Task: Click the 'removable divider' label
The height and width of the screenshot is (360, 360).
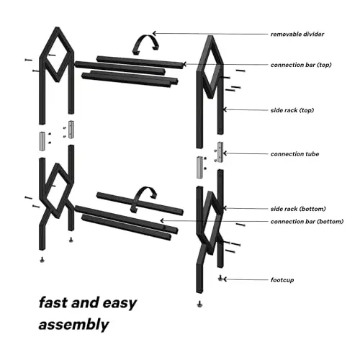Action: [x=297, y=35]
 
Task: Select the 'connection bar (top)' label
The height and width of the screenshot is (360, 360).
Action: [x=301, y=65]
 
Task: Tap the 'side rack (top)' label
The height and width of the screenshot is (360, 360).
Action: [x=292, y=110]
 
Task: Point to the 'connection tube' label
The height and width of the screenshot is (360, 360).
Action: [x=294, y=154]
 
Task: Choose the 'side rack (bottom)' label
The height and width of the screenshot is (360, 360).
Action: [x=298, y=209]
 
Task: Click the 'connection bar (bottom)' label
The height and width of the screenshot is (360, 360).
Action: [x=307, y=222]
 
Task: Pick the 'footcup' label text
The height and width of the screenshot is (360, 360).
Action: [x=282, y=280]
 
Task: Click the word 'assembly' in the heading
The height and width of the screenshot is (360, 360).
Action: [x=73, y=325]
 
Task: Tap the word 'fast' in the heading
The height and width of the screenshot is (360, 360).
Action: [x=52, y=302]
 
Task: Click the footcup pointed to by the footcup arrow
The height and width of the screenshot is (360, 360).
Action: [x=220, y=279]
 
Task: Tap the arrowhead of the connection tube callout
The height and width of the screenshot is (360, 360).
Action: [x=224, y=153]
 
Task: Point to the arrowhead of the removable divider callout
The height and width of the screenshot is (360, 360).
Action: [x=154, y=33]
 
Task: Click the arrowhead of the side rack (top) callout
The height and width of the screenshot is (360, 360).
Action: [x=224, y=109]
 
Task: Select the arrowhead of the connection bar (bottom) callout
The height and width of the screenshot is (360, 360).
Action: [x=161, y=220]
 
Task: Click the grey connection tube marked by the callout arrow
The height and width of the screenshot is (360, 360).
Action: [x=220, y=152]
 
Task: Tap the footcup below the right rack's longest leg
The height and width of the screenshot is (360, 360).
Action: [x=199, y=305]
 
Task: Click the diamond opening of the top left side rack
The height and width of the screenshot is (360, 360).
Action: [x=57, y=55]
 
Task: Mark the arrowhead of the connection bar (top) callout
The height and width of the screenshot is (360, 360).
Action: [x=184, y=64]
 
